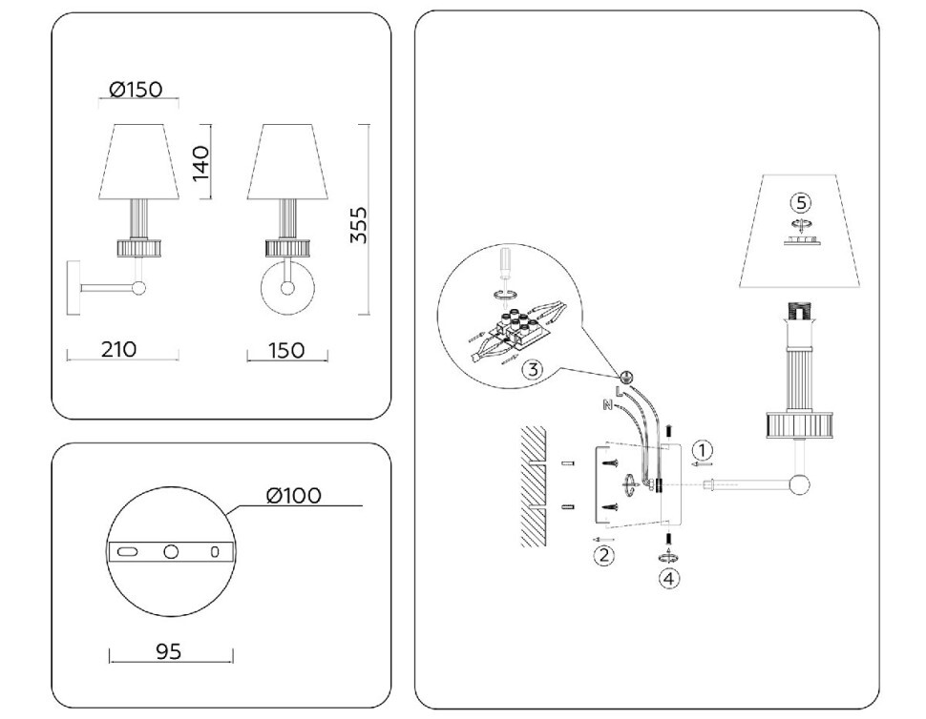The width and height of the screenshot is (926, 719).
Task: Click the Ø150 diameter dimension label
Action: click(136, 89)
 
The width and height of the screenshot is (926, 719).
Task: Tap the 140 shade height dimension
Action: click(200, 163)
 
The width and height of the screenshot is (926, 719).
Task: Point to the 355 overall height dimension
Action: click(359, 224)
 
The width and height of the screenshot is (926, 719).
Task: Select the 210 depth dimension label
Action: click(118, 349)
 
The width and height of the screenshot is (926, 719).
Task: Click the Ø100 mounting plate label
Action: click(294, 496)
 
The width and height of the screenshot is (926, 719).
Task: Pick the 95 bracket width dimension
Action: click(169, 651)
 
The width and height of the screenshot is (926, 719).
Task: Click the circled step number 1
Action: click(703, 451)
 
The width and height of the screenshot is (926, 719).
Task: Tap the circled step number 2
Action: click(603, 555)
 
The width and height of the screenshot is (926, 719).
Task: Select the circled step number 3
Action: click(532, 370)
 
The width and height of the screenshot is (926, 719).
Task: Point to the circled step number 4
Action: click(668, 579)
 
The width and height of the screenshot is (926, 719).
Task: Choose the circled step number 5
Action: click(801, 203)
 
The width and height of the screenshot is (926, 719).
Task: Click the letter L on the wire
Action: click(619, 391)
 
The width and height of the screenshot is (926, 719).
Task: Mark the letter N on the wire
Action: click(606, 404)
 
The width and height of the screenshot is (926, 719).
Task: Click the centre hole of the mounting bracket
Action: click(171, 551)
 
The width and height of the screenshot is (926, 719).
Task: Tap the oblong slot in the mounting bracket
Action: click(127, 551)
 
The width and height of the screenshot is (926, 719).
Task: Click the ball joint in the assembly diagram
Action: click(800, 484)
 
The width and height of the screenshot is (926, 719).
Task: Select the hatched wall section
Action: click(534, 486)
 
